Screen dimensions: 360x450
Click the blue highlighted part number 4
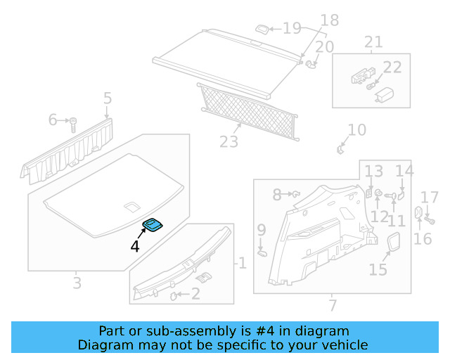(153, 224)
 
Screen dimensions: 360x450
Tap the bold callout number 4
(134, 246)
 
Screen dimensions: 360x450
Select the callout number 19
(291, 28)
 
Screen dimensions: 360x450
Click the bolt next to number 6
(73, 124)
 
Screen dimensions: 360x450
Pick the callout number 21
(373, 41)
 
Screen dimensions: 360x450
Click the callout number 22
(392, 67)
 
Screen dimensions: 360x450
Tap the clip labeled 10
(340, 148)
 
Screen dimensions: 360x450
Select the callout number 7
(332, 304)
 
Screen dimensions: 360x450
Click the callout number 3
(77, 283)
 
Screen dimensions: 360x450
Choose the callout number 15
(378, 269)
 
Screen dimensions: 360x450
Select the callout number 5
(107, 98)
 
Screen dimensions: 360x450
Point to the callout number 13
(373, 171)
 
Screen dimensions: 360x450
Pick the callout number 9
(261, 230)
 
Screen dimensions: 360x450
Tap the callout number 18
(329, 20)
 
